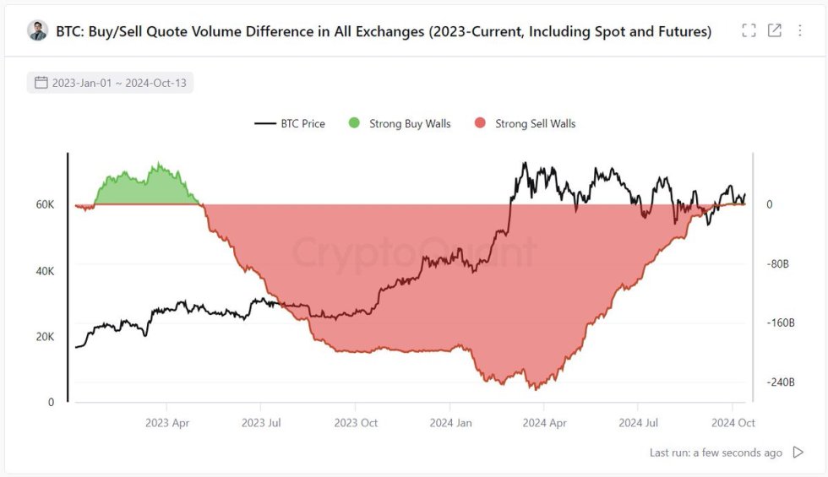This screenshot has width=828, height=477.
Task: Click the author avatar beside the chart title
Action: point(38,31)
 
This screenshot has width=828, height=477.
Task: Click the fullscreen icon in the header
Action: point(749,31)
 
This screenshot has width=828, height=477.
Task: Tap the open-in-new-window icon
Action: point(774,31)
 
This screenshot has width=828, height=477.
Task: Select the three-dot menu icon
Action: point(800,31)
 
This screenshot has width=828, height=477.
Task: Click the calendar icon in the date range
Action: point(41,83)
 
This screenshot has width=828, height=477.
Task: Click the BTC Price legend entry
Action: point(290,123)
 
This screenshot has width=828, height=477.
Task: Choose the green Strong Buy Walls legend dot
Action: point(354,123)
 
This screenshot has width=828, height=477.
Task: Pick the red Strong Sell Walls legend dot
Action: point(480,123)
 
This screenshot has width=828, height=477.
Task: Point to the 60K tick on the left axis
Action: point(44,205)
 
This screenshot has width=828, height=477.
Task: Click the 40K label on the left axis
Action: point(44,271)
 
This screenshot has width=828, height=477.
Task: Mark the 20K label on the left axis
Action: point(44,337)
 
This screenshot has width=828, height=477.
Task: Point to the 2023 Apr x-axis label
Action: point(167,422)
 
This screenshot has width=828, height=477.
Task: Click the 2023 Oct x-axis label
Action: point(356,422)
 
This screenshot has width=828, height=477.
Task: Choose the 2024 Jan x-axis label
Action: point(450,422)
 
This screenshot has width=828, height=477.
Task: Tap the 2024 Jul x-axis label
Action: point(639,422)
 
